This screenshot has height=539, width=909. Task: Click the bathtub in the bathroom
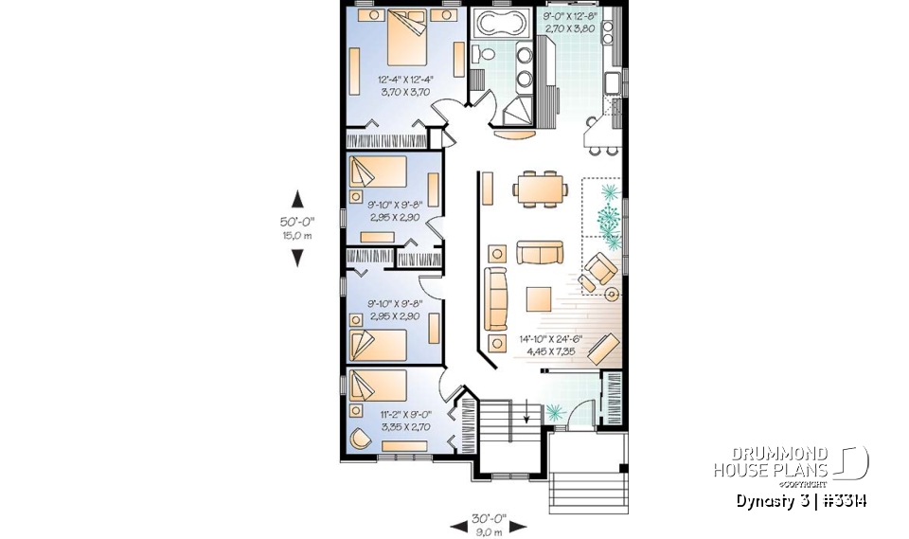[x=499, y=24]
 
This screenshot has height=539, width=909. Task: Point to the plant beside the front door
[x=555, y=411]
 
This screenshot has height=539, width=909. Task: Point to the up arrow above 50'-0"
[x=297, y=199]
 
